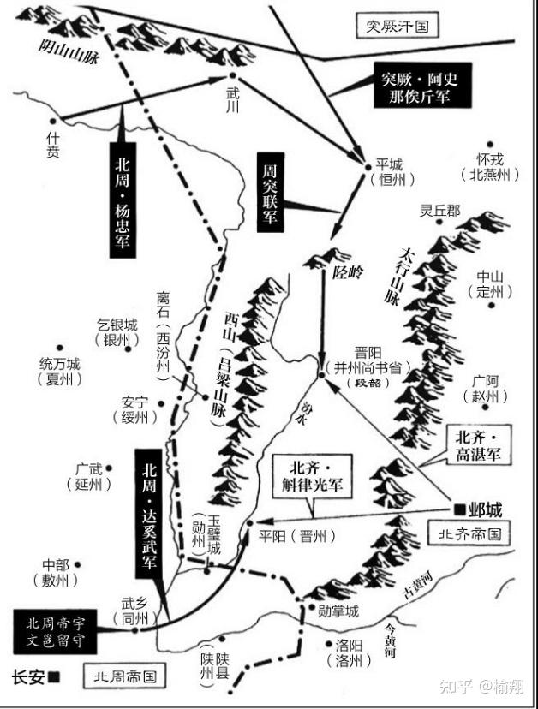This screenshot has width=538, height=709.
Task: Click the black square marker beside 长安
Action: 54,676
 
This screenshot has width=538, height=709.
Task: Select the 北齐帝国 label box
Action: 468,533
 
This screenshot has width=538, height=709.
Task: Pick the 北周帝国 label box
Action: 122,676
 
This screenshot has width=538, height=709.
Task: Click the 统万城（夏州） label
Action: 60,370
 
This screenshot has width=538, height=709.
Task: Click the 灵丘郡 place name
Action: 439,211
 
